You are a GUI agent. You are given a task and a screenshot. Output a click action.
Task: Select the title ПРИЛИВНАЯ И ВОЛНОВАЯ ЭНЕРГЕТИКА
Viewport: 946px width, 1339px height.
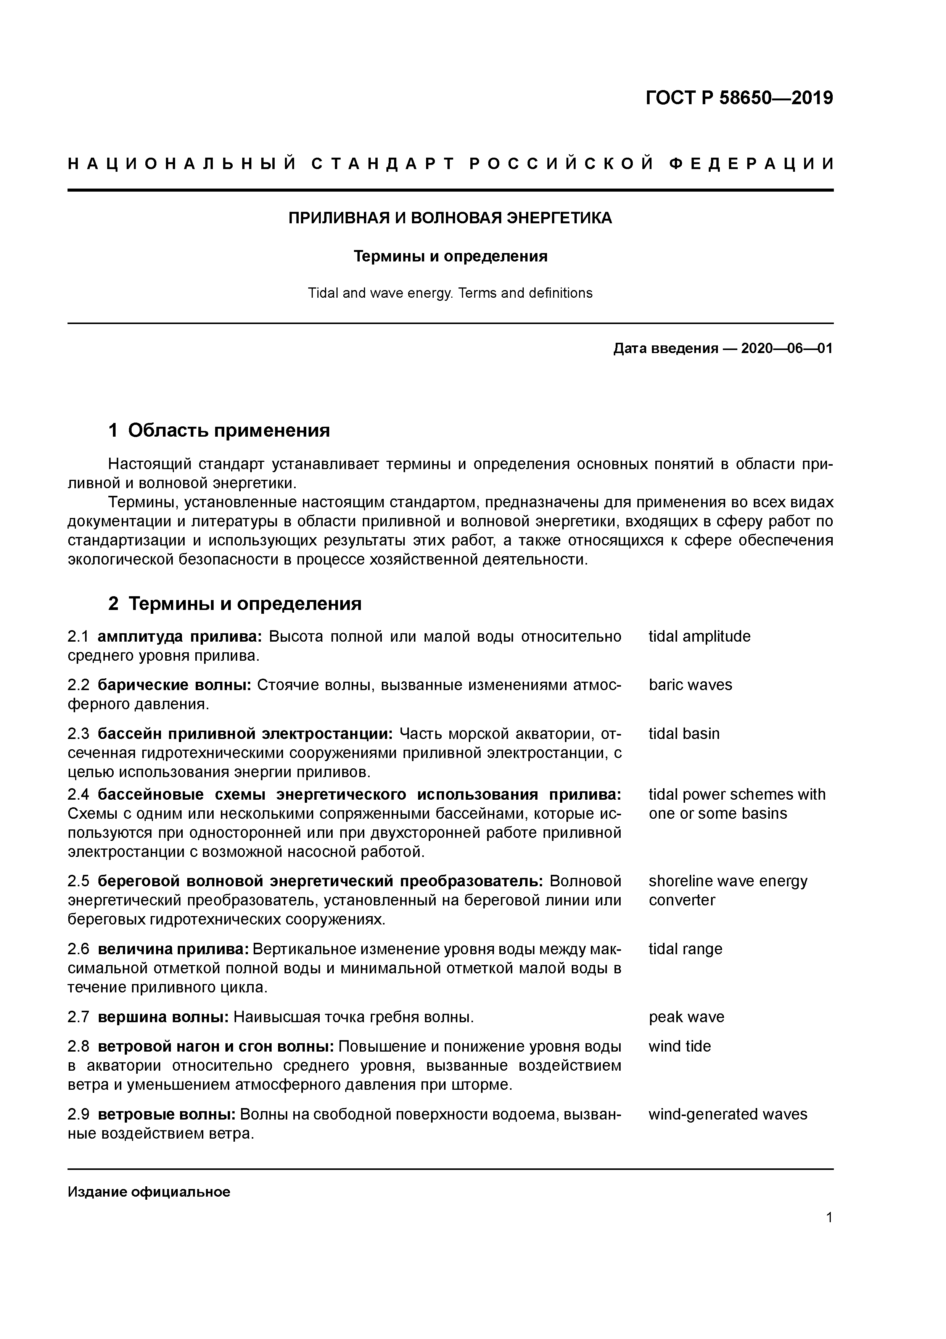click(450, 218)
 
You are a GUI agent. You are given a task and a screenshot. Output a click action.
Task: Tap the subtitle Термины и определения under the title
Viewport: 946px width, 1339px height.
click(450, 256)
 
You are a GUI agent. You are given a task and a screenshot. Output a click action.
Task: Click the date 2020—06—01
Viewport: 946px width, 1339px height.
click(786, 349)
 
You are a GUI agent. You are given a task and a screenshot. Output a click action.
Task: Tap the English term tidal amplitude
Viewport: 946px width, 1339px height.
click(699, 636)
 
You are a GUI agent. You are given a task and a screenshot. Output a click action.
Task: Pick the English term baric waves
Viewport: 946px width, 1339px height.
click(690, 685)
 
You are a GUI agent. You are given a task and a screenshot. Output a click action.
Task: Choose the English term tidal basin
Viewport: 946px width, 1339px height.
click(684, 734)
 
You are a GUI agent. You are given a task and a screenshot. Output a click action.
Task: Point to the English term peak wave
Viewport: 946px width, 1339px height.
click(686, 1017)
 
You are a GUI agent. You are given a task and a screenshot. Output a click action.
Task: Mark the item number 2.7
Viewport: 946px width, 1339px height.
click(78, 1017)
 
